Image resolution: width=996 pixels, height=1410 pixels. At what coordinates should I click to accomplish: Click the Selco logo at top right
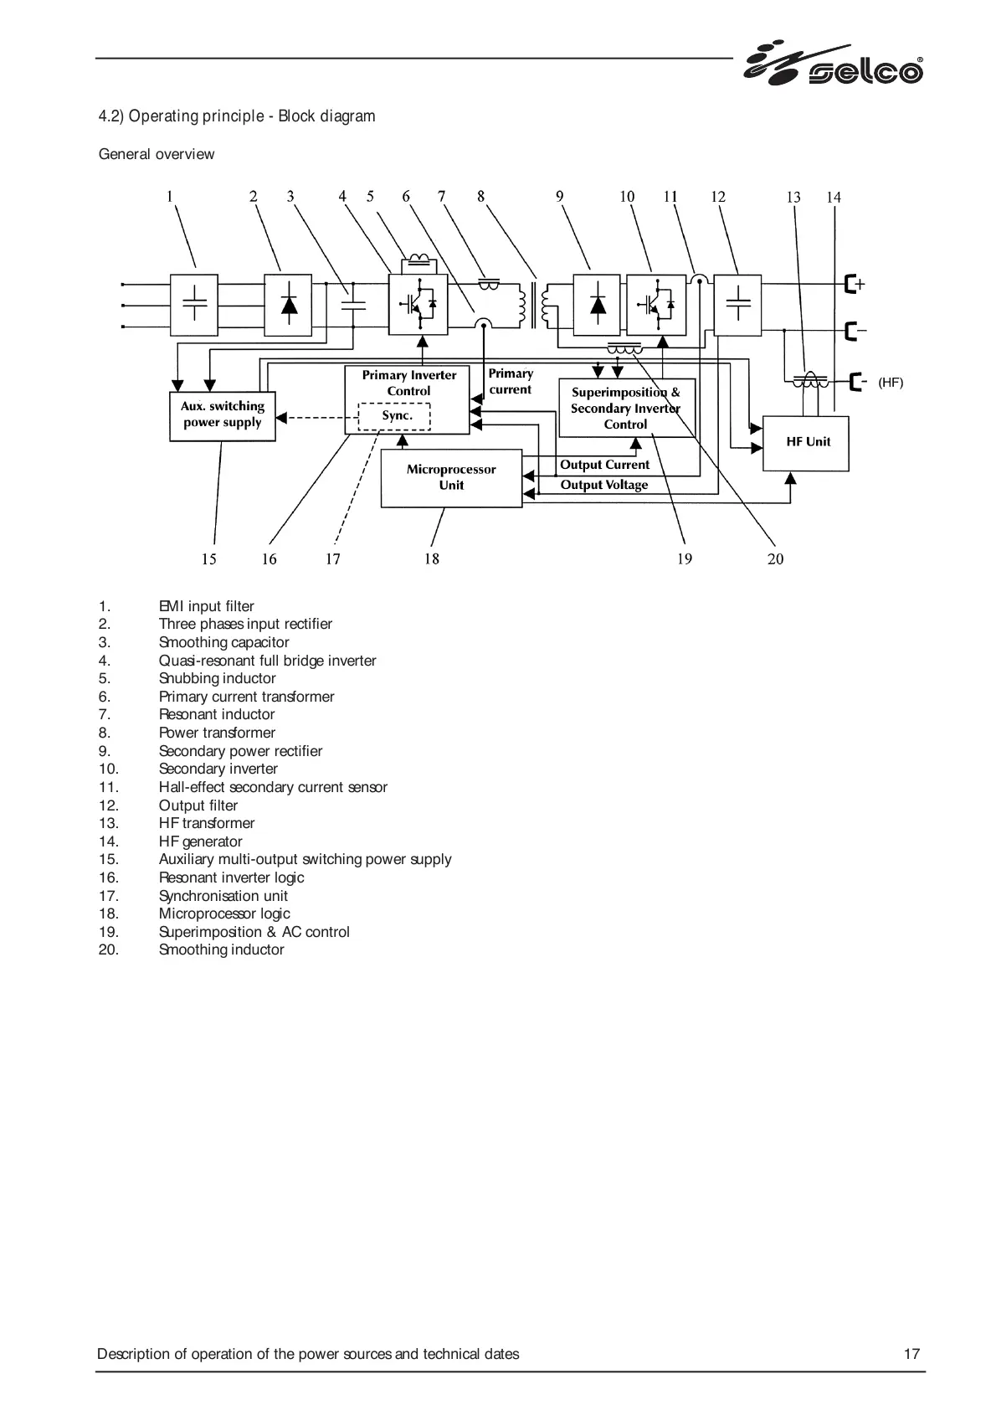point(833,64)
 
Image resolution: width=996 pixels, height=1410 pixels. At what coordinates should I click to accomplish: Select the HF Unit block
point(805,442)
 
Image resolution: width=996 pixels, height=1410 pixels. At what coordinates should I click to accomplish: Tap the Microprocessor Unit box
point(451,477)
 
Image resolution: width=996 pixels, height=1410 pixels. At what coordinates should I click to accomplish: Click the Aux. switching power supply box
point(223,415)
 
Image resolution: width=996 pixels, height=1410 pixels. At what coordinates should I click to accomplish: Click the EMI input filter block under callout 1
point(194,305)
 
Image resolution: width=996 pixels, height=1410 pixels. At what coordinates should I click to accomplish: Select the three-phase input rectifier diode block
point(288,305)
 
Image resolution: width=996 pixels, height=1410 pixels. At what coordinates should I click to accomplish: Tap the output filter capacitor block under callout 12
point(737,305)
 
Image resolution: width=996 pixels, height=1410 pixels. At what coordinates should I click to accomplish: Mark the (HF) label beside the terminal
point(891,383)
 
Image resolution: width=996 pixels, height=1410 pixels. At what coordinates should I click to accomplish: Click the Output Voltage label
point(603,485)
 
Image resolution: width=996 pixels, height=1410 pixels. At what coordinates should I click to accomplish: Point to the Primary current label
point(511,381)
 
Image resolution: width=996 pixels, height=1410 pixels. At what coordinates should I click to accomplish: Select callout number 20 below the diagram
point(775,559)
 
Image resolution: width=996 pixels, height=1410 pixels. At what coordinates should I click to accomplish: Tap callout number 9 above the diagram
point(559,197)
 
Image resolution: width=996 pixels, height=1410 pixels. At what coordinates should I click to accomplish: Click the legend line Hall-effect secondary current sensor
point(273,787)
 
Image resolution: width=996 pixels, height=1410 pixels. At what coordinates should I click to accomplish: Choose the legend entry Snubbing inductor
point(217,678)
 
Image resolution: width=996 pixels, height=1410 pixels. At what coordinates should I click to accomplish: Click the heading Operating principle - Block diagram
point(237,116)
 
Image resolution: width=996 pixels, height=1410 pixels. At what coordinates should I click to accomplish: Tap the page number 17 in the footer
point(911,1354)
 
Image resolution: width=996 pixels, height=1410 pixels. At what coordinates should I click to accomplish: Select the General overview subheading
point(157,154)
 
